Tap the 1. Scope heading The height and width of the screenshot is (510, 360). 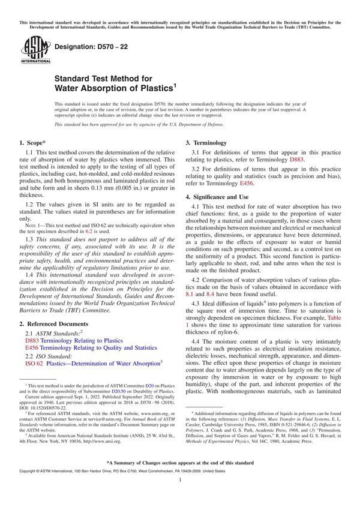[37, 143]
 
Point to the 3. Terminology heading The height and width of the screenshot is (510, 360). [206, 143]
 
